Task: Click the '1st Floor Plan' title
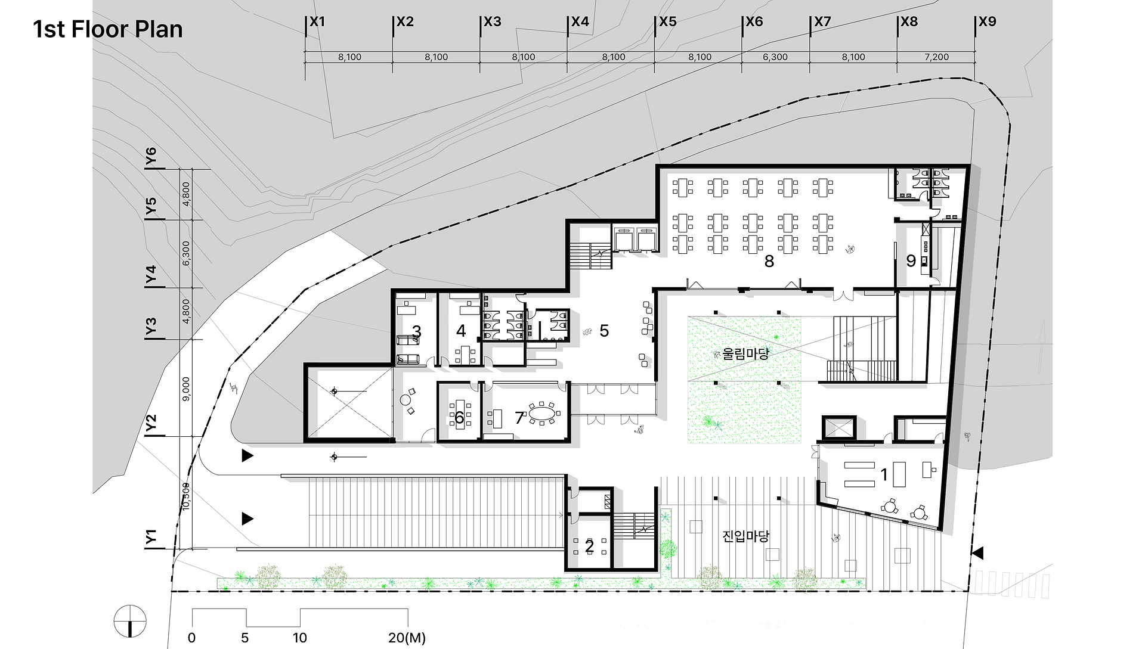pos(108,29)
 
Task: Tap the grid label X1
pos(317,22)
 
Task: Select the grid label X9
pos(988,22)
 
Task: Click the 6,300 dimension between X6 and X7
pos(775,57)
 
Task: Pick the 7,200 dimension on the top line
pos(936,57)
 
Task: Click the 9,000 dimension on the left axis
pos(186,389)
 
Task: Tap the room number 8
pos(769,261)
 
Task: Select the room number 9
pos(911,260)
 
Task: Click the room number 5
pos(604,331)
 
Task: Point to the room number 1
pos(884,474)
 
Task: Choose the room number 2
pos(589,546)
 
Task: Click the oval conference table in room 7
pos(541,413)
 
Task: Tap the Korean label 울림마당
pos(745,354)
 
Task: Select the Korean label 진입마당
pos(745,536)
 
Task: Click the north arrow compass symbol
pos(130,621)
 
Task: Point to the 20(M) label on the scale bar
pos(407,638)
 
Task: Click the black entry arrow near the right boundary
pos(977,553)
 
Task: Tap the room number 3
pos(416,331)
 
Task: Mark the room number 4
pos(461,331)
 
